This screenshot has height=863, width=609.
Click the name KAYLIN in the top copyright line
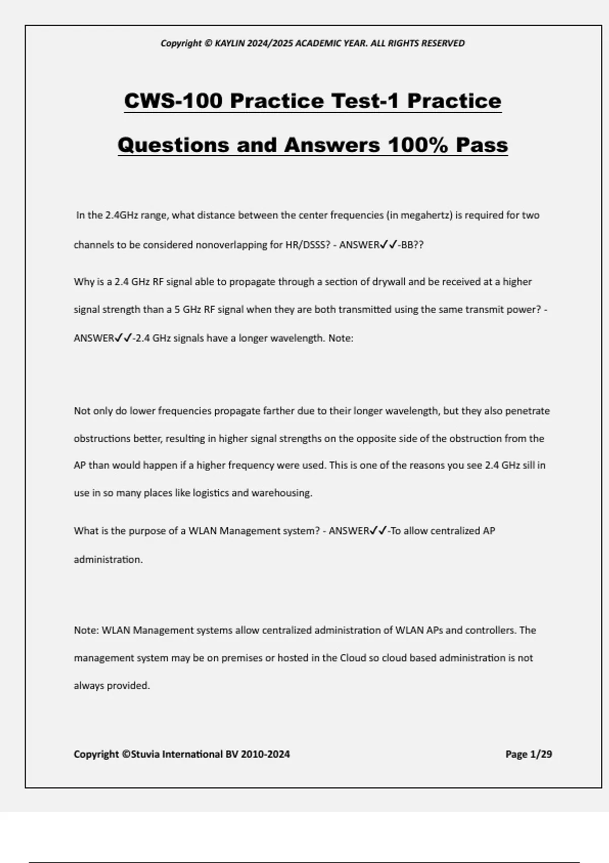click(x=229, y=43)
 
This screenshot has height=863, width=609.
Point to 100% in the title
click(x=418, y=145)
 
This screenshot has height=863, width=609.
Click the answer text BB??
click(x=412, y=245)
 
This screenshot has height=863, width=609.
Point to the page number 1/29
click(x=540, y=754)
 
